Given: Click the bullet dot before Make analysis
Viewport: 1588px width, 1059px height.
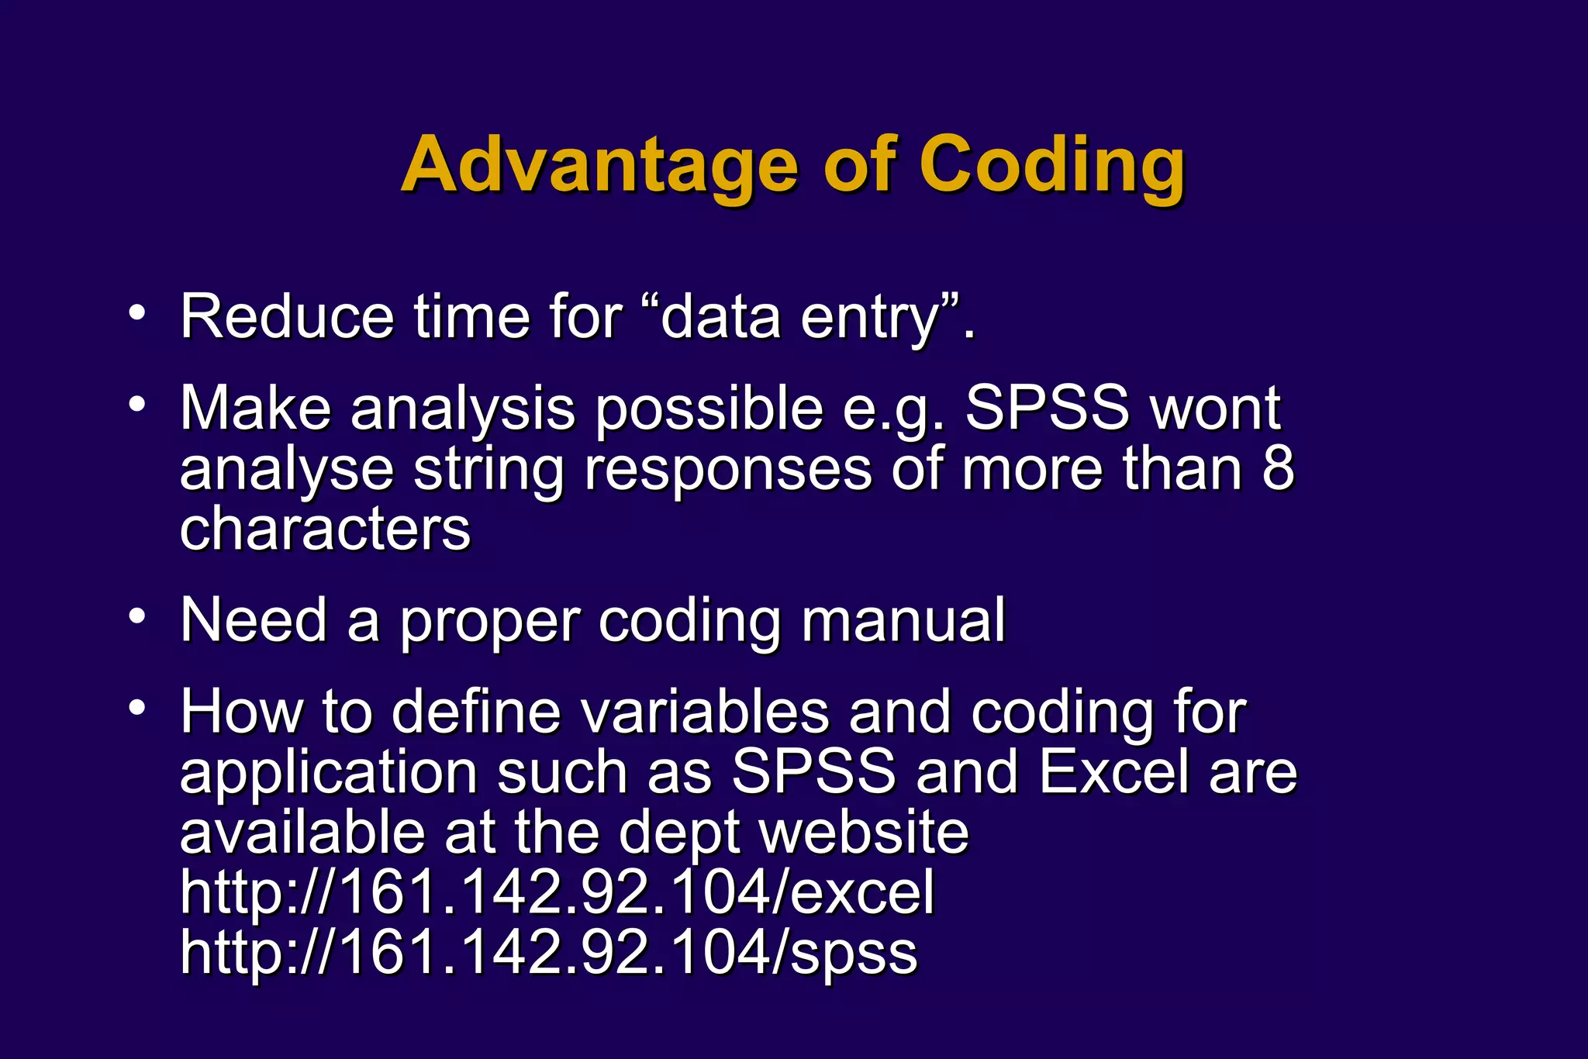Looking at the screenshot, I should point(137,404).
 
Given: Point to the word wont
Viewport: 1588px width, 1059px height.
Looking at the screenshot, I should point(1215,409).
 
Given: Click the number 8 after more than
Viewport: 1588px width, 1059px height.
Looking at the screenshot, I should point(1277,468).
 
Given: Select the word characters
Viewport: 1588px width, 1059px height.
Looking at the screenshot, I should point(325,529).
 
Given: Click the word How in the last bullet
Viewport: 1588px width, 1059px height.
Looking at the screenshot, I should point(241,712).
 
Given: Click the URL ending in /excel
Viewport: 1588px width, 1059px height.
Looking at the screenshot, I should point(557,892).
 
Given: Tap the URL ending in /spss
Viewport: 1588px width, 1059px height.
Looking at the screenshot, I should point(548,953).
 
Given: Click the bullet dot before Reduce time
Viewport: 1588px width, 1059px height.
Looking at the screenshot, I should point(137,313).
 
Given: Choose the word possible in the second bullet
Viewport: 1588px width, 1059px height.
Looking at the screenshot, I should point(709,409).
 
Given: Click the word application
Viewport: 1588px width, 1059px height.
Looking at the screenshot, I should point(329,774).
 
